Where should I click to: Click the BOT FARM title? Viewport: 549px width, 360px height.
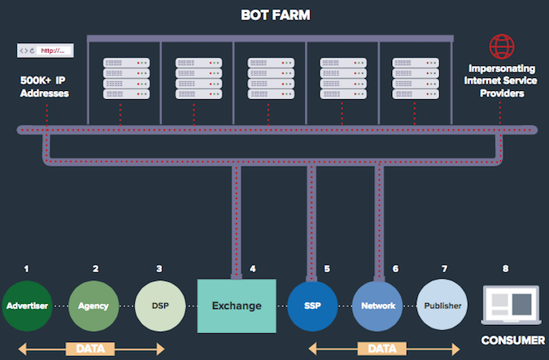pos(275,15)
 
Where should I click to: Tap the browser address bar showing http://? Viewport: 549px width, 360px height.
pos(46,50)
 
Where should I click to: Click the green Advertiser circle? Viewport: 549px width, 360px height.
pos(27,306)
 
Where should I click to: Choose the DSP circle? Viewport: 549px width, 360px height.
pos(159,306)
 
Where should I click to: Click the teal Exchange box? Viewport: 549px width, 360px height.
pos(237,306)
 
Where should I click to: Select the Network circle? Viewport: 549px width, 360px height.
pos(378,306)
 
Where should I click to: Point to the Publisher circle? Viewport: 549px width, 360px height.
pos(444,306)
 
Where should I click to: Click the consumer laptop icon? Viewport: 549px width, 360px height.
pos(512,304)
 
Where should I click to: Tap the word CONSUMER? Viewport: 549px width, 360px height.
pos(512,340)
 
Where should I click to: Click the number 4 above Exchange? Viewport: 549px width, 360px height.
pos(253,268)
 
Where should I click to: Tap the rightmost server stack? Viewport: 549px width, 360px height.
pos(412,78)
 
